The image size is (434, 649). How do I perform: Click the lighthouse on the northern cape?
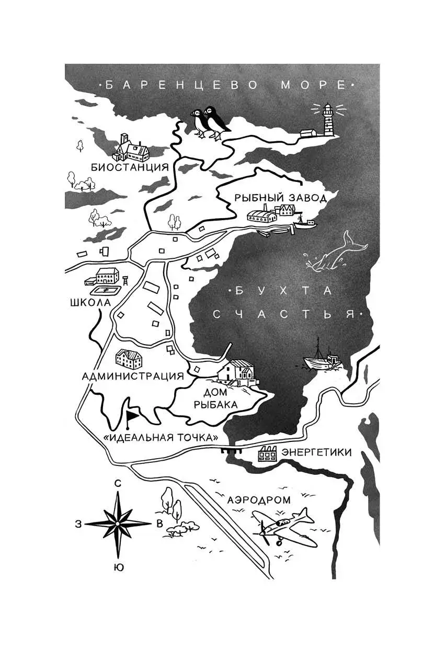pyautogui.click(x=328, y=120)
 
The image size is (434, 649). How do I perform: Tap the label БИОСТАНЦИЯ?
pyautogui.click(x=129, y=167)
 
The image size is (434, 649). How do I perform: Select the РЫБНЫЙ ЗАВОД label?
pyautogui.click(x=280, y=197)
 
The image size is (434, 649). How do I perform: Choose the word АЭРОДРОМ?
pyautogui.click(x=259, y=500)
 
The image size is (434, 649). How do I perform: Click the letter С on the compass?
pyautogui.click(x=118, y=483)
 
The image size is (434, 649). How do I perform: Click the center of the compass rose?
pyautogui.click(x=118, y=523)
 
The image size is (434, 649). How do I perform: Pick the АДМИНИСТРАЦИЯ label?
pyautogui.click(x=133, y=375)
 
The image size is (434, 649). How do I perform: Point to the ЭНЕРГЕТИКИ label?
pyautogui.click(x=316, y=452)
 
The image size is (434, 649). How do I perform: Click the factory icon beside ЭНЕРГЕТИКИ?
pyautogui.click(x=266, y=455)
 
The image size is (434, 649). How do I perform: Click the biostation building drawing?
pyautogui.click(x=133, y=148)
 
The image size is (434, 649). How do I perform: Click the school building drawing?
pyautogui.click(x=107, y=277)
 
